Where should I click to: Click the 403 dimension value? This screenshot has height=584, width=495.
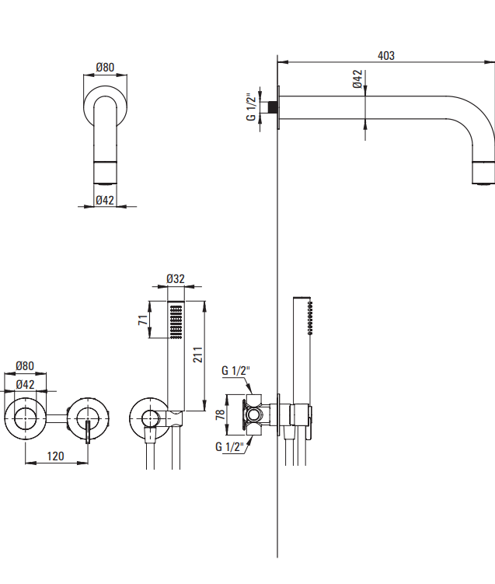[x=385, y=55]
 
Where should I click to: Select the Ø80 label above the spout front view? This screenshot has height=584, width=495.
[x=105, y=68]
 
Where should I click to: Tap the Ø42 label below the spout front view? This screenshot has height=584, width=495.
[x=105, y=200]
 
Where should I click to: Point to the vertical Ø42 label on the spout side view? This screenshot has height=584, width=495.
[x=357, y=80]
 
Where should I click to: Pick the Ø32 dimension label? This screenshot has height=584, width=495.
[x=176, y=279]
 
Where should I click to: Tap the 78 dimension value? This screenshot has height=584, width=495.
[x=220, y=414]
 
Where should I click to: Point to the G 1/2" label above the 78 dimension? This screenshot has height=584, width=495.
[x=234, y=370]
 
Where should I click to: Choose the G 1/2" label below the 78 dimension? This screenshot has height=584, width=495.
[x=230, y=446]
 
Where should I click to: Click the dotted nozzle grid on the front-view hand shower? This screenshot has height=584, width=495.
[x=176, y=321]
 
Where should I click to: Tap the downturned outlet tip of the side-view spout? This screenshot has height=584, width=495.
[x=483, y=173]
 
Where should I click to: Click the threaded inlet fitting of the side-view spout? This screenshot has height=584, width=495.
[x=273, y=106]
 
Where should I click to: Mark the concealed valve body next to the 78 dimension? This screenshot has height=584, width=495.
[x=255, y=414]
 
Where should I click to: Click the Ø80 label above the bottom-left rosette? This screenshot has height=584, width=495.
[x=26, y=366]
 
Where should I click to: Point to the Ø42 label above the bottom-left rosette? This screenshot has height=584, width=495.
[x=26, y=383]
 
